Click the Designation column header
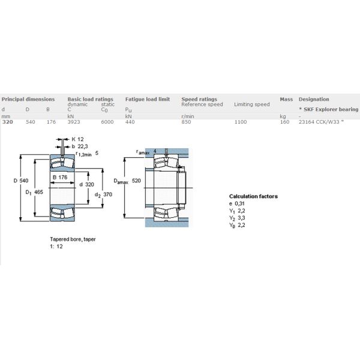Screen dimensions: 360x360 [314, 99]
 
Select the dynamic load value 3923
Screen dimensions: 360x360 [74, 122]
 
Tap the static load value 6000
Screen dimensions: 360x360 [107, 122]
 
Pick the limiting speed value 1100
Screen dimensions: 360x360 [241, 122]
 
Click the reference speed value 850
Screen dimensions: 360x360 [186, 122]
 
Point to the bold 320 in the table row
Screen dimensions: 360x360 [8, 122]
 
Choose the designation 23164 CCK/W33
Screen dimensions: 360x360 [319, 122]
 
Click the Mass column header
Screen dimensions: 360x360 [286, 99]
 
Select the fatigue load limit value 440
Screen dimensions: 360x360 [130, 122]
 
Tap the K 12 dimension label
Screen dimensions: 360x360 [77, 139]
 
